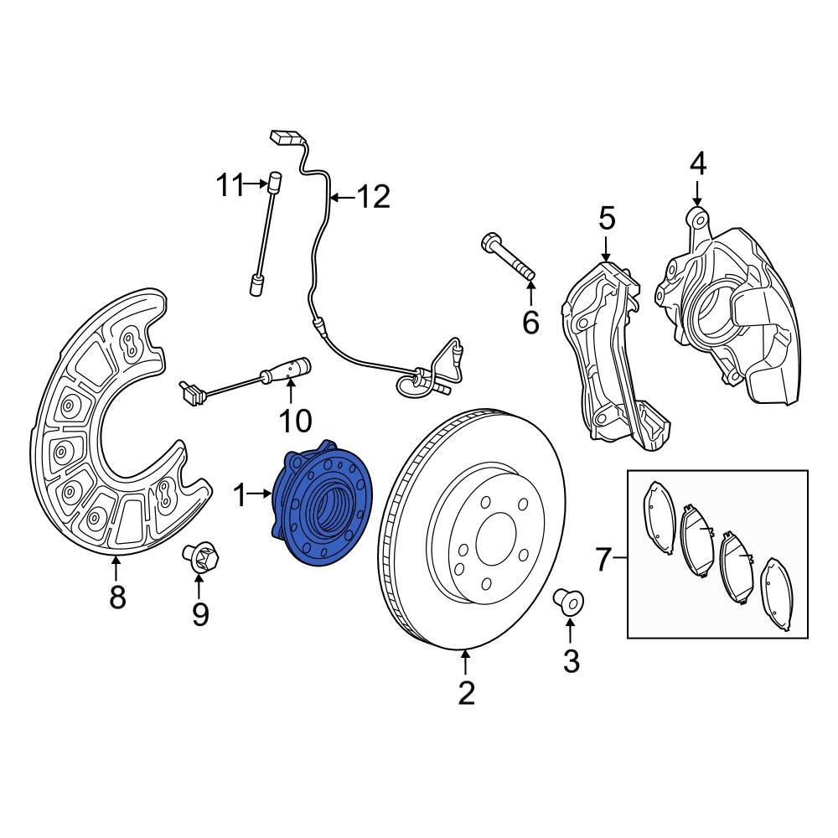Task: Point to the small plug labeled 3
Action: [570, 601]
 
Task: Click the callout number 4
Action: [697, 163]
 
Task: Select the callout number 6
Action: [530, 321]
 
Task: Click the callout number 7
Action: [604, 559]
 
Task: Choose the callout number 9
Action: [199, 614]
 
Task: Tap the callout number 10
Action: [295, 420]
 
